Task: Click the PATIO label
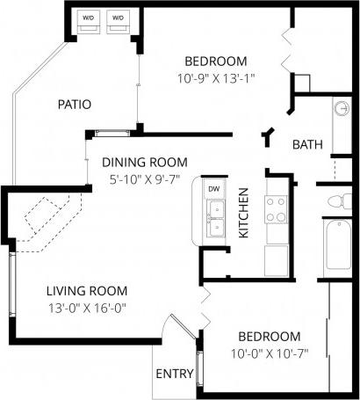pyautogui.click(x=75, y=104)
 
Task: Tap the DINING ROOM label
pyautogui.click(x=145, y=162)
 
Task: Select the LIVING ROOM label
pyautogui.click(x=87, y=290)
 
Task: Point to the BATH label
pyautogui.click(x=307, y=144)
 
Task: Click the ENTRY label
pyautogui.click(x=174, y=374)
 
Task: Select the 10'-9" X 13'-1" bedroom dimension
pyautogui.click(x=214, y=76)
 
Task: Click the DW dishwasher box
pyautogui.click(x=213, y=189)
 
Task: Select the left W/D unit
pyautogui.click(x=88, y=20)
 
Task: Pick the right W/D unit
pyautogui.click(x=117, y=20)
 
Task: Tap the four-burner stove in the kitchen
pyautogui.click(x=277, y=209)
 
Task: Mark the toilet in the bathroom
pyautogui.click(x=337, y=203)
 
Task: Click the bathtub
pyautogui.click(x=340, y=248)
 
